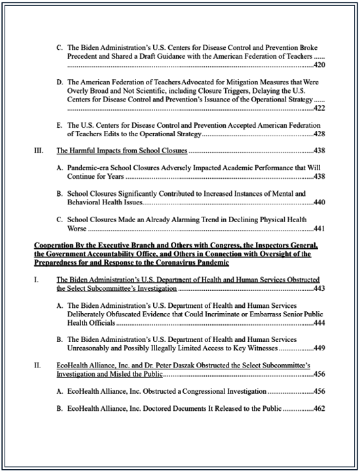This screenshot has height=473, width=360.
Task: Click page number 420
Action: [319, 66]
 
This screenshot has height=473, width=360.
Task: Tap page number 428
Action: [319, 133]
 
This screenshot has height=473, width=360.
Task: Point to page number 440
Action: [319, 204]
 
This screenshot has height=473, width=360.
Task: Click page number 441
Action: [319, 229]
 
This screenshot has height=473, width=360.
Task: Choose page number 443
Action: [319, 288]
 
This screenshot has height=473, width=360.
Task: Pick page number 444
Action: [319, 323]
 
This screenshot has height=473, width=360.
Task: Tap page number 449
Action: [319, 349]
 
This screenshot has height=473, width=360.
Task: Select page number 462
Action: [319, 408]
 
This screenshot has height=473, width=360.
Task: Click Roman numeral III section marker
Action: [38, 151]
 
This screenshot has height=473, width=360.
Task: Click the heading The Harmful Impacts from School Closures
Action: [121, 151]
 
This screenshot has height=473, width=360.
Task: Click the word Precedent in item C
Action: [86, 57]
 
